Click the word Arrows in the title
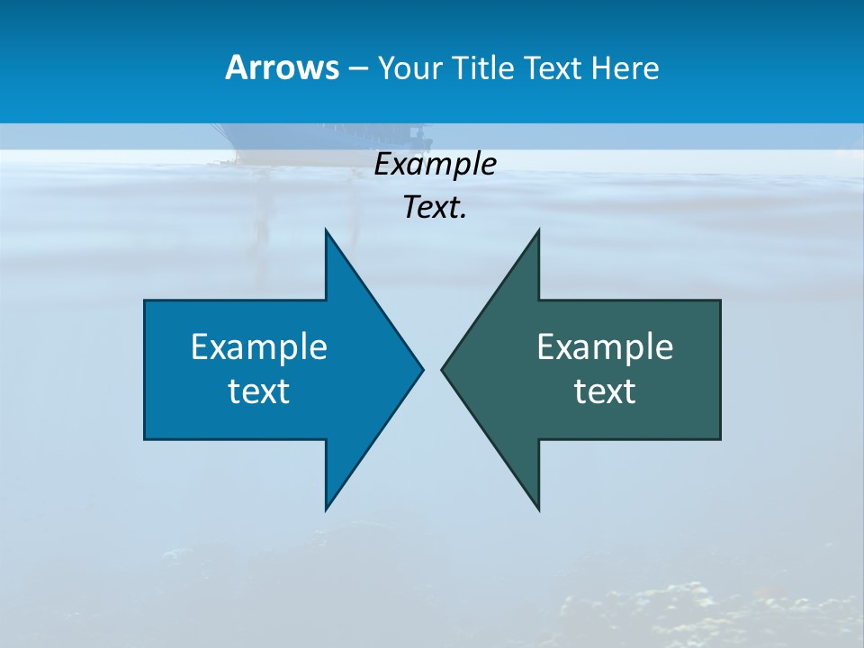tap(282, 67)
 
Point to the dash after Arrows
tap(357, 68)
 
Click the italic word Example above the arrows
tap(435, 164)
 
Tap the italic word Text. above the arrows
tap(435, 207)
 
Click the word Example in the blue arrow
tap(259, 346)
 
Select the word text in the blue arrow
tap(259, 391)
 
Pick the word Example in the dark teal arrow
tap(605, 346)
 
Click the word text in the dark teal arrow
tap(605, 391)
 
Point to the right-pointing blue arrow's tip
tap(421, 368)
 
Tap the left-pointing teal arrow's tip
tap(443, 368)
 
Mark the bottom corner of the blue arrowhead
tap(327, 508)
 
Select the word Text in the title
tap(554, 67)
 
